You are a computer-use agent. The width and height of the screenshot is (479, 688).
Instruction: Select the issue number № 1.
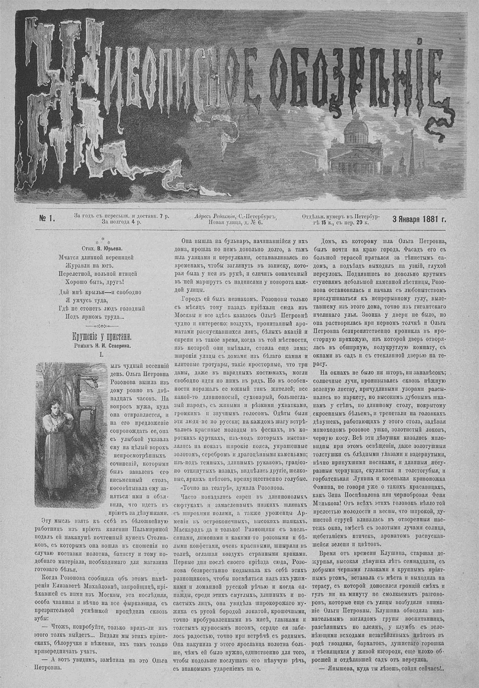click(46, 219)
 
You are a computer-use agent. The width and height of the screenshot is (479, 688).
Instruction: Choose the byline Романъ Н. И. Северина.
click(101, 345)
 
